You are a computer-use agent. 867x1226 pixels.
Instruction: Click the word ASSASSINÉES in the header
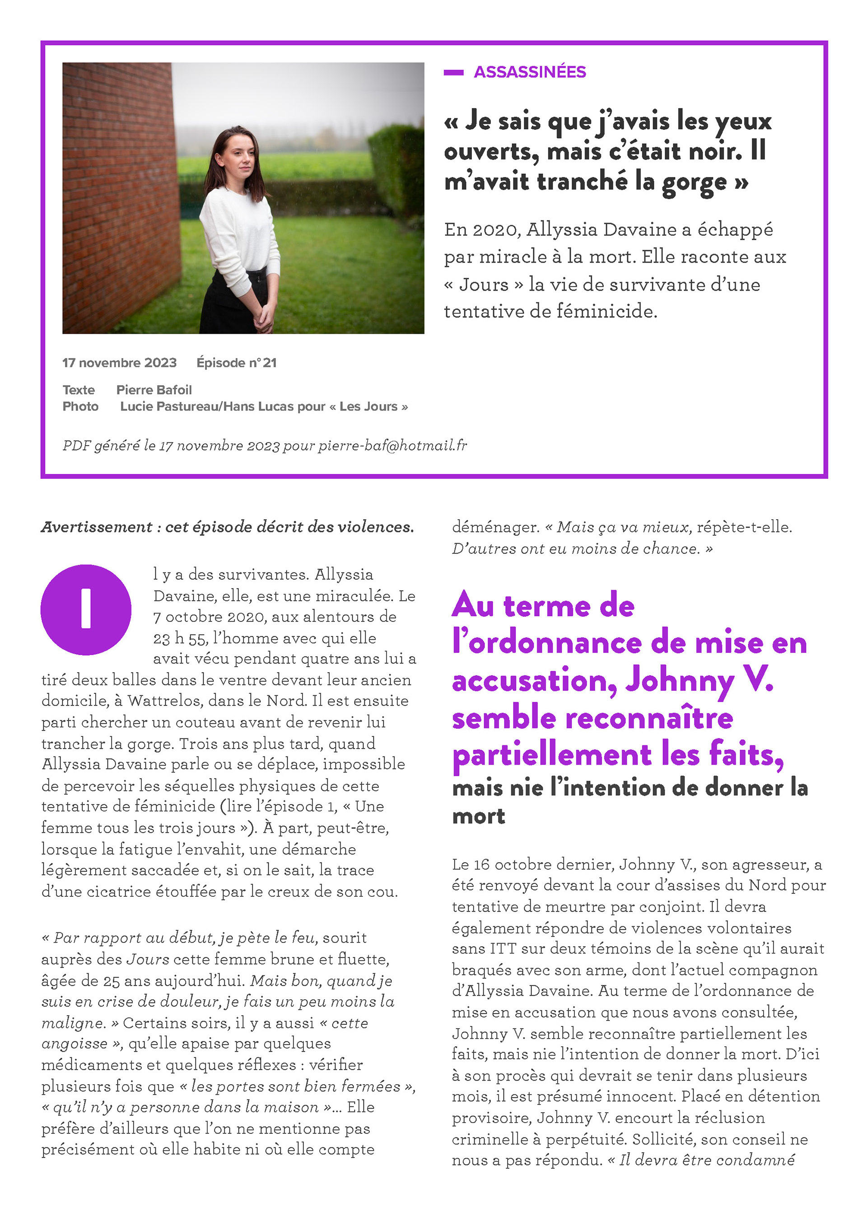(x=530, y=72)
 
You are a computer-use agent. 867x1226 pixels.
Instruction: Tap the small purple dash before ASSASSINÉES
(x=453, y=73)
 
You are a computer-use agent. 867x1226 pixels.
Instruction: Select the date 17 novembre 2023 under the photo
(x=119, y=363)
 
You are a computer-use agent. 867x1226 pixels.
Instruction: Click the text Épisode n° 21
(x=237, y=363)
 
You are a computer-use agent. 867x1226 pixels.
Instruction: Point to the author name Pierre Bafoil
(x=154, y=390)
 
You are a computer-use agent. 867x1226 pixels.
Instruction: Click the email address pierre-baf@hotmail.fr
(x=392, y=445)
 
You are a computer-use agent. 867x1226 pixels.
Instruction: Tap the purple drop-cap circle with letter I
(x=86, y=610)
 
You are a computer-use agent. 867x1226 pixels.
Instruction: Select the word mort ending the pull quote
(x=478, y=816)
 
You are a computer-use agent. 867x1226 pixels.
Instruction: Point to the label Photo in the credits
(x=81, y=406)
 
